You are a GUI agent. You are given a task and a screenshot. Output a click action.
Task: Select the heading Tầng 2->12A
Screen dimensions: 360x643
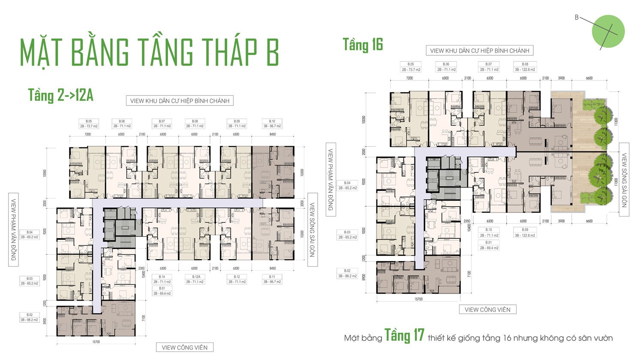click(60, 95)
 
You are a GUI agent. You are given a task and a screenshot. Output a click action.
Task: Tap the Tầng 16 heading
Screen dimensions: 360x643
click(363, 45)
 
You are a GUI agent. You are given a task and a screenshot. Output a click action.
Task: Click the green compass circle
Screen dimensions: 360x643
click(608, 31)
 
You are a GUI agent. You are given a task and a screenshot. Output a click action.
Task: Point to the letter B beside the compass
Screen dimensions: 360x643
click(577, 18)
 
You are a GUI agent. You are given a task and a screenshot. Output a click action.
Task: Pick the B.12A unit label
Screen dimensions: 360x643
click(196, 279)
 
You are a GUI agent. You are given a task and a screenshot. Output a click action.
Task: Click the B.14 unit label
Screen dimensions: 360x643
click(162, 279)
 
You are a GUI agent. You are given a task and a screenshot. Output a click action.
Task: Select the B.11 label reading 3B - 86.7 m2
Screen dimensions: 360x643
click(272, 279)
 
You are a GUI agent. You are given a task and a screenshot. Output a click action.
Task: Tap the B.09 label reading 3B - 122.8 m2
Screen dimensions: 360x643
click(525, 232)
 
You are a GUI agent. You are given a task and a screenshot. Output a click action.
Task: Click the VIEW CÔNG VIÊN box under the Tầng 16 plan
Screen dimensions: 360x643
click(487, 309)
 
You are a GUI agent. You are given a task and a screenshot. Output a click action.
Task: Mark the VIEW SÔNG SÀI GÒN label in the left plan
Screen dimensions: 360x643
click(312, 229)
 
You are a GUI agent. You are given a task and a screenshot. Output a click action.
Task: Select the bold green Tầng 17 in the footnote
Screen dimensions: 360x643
click(404, 336)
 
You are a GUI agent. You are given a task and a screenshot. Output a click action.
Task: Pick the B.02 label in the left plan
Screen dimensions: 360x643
click(29, 317)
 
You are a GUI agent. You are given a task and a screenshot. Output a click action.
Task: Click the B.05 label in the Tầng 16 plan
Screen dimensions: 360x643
click(411, 67)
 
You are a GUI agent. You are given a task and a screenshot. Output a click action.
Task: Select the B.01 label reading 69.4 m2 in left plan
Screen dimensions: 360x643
click(162, 291)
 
